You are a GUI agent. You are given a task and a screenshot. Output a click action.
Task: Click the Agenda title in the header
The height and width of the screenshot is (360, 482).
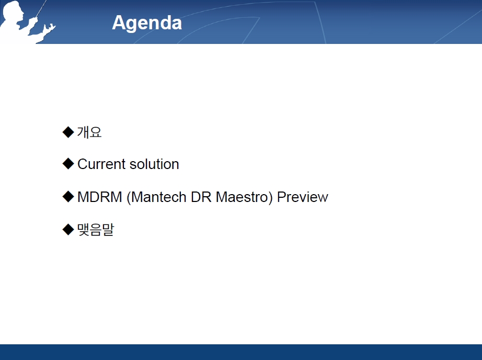(x=147, y=24)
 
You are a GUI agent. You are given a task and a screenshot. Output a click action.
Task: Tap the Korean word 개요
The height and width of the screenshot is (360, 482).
(x=89, y=132)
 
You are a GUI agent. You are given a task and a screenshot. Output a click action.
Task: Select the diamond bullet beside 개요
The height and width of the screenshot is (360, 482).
(x=68, y=132)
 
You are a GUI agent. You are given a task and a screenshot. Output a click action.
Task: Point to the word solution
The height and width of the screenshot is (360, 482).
(x=154, y=164)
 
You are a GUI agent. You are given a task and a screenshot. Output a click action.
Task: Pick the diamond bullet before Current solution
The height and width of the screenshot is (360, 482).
(x=68, y=164)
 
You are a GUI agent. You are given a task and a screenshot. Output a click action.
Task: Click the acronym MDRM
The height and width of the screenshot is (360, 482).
(x=100, y=197)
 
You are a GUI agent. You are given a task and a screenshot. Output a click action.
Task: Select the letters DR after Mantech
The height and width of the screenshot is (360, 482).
(x=201, y=197)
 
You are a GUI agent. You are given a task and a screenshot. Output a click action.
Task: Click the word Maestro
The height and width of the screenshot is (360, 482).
(x=242, y=197)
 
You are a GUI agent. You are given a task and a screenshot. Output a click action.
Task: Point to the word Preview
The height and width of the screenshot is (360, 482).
(x=303, y=197)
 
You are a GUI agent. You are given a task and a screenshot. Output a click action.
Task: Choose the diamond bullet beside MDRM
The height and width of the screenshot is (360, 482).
(x=68, y=197)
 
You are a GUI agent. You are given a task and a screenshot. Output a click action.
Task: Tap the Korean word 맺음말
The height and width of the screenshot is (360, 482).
(x=96, y=230)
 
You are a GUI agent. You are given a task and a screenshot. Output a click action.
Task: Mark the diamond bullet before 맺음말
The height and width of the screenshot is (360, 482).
(x=68, y=230)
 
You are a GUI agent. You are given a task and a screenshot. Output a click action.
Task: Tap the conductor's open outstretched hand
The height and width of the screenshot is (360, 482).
(x=49, y=28)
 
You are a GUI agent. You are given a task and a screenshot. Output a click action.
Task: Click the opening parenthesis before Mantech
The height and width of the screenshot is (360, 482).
(x=129, y=198)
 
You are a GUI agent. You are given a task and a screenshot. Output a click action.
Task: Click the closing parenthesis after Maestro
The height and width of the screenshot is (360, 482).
(x=270, y=198)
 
